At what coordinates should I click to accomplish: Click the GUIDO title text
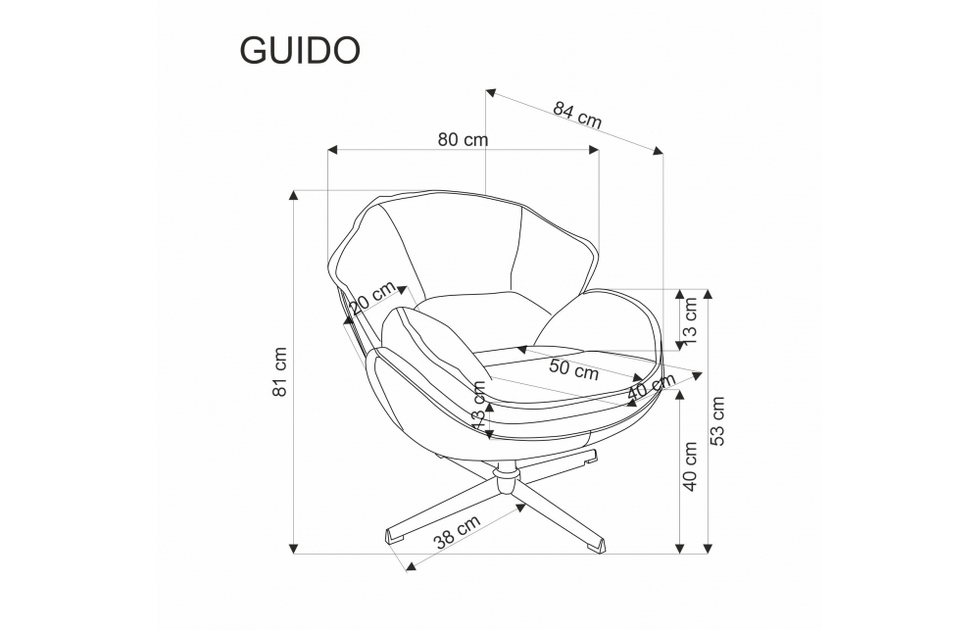coord(300,51)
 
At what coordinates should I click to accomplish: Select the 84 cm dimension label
coord(577,116)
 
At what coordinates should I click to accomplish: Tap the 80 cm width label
coord(463,139)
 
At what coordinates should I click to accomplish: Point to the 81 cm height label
coord(280,371)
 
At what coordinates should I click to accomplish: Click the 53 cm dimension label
coord(717,420)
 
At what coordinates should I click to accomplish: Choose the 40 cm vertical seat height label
coord(690,466)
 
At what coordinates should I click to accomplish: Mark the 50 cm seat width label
coord(574,370)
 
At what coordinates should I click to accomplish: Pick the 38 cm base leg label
coord(457,532)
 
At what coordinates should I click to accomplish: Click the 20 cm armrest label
coord(372,297)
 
